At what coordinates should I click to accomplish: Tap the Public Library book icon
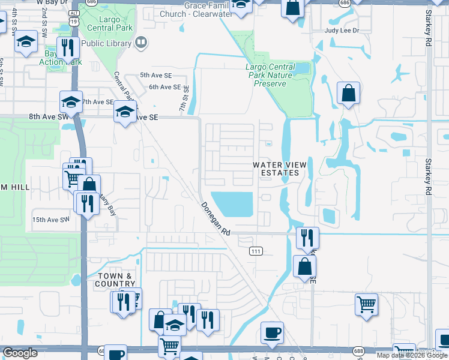[x=141, y=43]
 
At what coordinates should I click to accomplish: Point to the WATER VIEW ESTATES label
[x=276, y=169]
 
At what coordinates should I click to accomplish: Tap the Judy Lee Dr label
[x=341, y=30]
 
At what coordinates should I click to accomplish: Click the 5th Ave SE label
[x=155, y=75]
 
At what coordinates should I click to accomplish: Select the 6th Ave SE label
[x=164, y=87]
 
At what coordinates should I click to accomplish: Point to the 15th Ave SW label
[x=50, y=220]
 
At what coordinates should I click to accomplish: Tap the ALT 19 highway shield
[x=73, y=17]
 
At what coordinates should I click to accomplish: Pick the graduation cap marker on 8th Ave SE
[x=125, y=112]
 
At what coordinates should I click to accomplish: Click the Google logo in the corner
[x=20, y=353]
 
